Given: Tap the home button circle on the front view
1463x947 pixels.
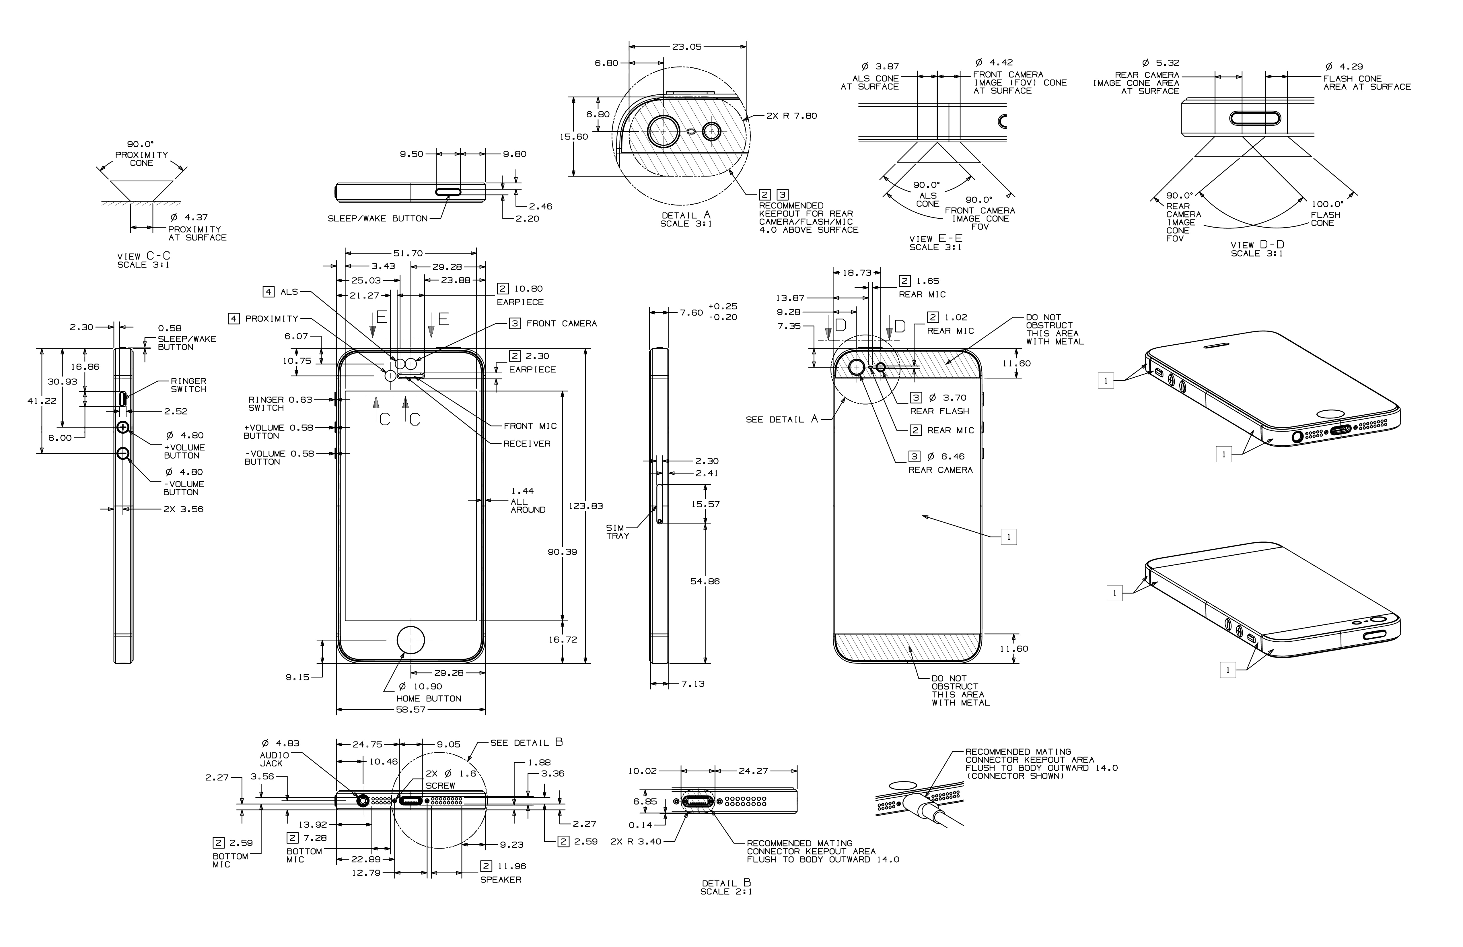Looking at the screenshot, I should [x=411, y=640].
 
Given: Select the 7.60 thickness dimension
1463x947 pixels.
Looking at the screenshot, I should [x=691, y=313].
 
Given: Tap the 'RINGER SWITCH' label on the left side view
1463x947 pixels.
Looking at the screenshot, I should [x=188, y=385].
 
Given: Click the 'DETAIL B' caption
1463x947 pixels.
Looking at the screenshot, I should [x=726, y=883].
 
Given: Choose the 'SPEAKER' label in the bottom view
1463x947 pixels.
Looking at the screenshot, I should [x=500, y=879].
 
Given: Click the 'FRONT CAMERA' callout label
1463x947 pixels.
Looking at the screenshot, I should [x=561, y=323].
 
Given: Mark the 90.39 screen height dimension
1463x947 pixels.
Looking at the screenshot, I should [x=563, y=552].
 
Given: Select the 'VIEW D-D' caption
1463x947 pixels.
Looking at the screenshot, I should [x=1256, y=245].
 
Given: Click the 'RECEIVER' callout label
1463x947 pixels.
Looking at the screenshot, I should [x=527, y=443].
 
